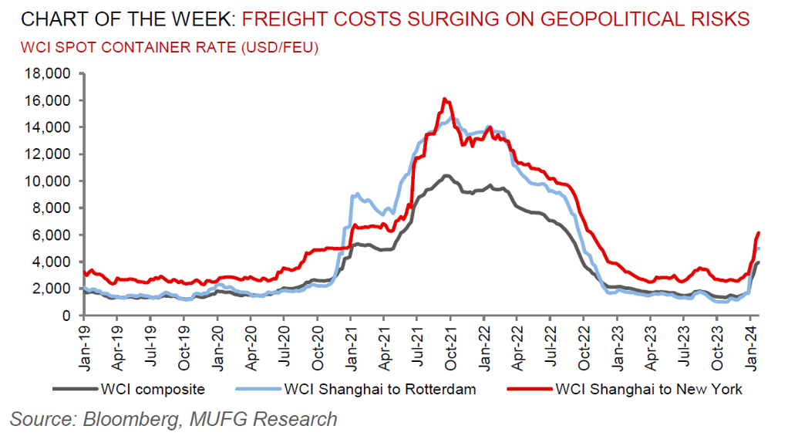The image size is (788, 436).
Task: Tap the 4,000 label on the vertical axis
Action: click(x=52, y=262)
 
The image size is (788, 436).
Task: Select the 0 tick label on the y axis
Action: click(x=66, y=316)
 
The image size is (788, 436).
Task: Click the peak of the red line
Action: click(x=444, y=99)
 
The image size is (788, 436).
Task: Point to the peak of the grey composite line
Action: click(x=446, y=176)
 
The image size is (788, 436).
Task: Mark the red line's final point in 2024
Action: click(x=759, y=232)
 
